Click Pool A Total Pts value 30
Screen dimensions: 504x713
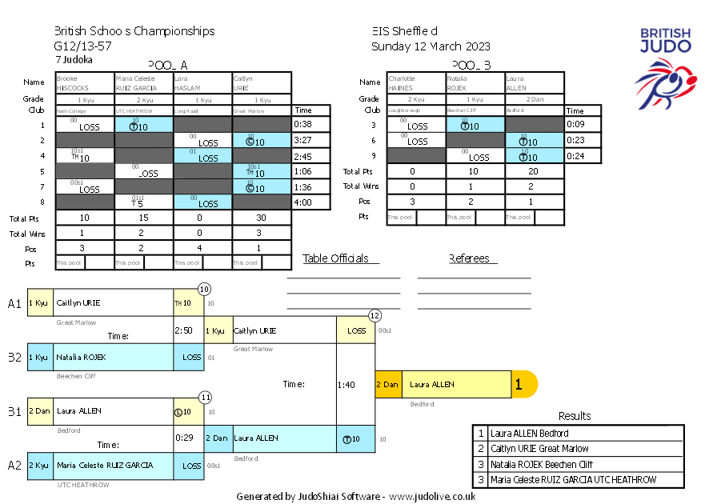262,218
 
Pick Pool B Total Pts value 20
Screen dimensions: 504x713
535,171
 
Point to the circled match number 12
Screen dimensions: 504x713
375,316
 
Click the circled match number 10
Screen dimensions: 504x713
204,289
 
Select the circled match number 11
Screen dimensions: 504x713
205,397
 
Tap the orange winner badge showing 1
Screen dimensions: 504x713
519,385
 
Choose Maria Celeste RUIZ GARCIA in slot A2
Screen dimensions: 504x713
104,465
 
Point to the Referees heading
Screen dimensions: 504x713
472,258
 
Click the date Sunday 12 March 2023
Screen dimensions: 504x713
431,46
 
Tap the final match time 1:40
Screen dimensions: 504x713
346,385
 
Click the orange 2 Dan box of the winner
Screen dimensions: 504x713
388,385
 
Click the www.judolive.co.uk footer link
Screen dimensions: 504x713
432,496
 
